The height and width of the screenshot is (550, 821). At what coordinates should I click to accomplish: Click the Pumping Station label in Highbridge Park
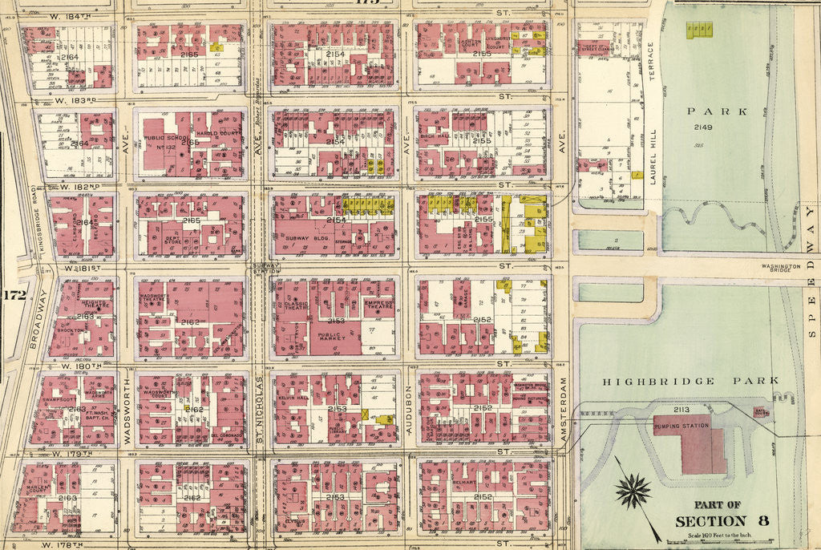(683, 425)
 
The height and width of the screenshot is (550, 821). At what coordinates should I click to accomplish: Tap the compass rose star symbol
(635, 490)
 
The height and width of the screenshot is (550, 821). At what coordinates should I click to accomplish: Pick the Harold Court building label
(213, 133)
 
